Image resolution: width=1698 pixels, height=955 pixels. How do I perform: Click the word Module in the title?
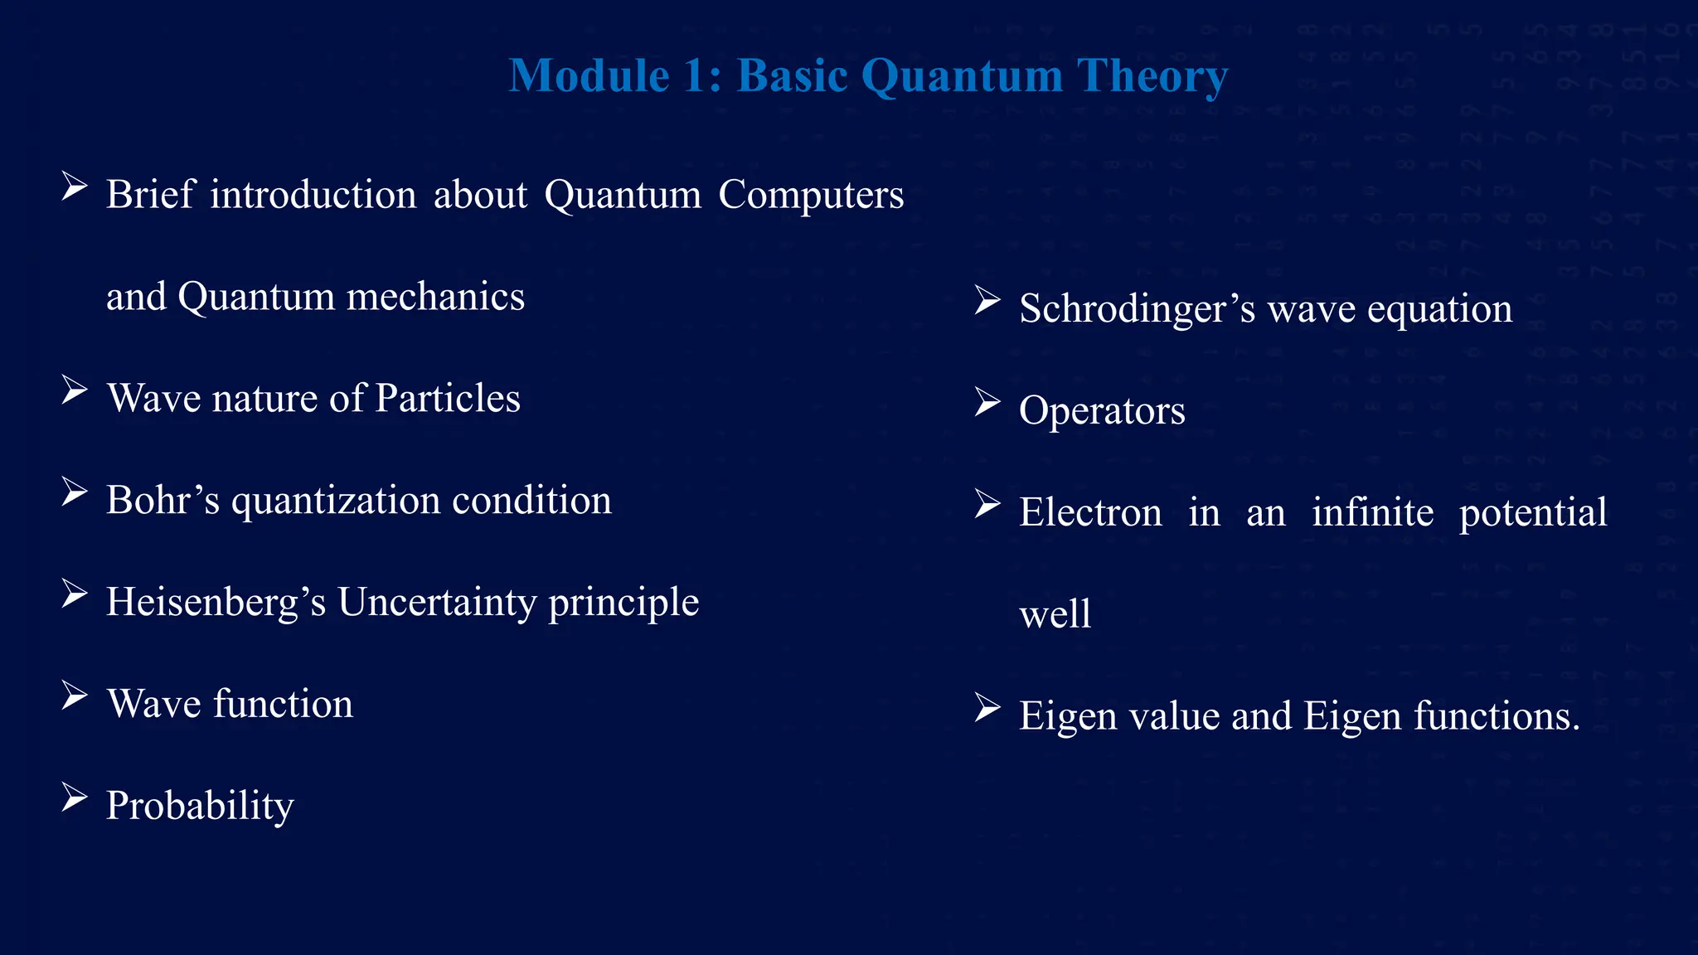tap(589, 76)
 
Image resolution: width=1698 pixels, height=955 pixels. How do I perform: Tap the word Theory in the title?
tap(1152, 76)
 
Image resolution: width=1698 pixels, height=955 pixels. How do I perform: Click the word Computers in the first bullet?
tap(810, 196)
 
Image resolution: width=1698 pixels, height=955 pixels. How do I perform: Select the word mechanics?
tap(435, 297)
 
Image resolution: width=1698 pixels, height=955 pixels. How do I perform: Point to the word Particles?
tap(448, 399)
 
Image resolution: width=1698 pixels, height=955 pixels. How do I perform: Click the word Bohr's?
tap(163, 501)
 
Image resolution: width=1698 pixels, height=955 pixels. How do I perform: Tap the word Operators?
tap(1102, 411)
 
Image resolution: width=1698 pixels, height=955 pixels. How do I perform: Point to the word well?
tap(1055, 615)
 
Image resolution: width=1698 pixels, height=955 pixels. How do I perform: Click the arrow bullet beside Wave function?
tap(75, 696)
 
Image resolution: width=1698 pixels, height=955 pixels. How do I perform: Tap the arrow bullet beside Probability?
tap(75, 798)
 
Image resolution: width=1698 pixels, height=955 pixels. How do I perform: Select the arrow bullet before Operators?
tap(987, 403)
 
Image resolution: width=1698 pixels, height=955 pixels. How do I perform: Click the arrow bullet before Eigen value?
tap(987, 709)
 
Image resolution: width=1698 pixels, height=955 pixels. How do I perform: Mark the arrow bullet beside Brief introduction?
tap(75, 187)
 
